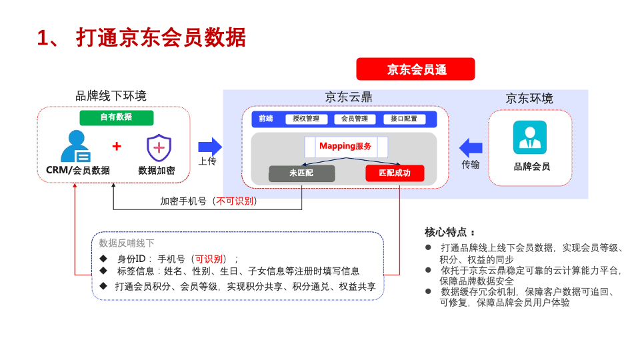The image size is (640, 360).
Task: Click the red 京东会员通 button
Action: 415,69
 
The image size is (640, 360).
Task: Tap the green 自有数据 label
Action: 117,117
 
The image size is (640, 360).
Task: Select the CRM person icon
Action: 75,147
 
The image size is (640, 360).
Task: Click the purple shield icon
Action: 159,147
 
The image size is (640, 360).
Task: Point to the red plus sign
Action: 117,146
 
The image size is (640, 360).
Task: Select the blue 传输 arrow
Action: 471,147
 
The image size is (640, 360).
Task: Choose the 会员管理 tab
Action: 355,119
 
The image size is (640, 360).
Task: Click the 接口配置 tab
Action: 404,119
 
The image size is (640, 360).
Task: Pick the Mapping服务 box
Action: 345,147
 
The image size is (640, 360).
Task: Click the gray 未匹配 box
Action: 301,173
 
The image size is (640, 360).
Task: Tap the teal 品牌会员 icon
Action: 529,137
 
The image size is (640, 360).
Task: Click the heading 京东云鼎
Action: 349,97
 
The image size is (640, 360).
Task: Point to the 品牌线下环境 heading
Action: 111,96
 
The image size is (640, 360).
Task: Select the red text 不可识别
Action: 235,201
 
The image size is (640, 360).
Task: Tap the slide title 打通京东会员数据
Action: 161,37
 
